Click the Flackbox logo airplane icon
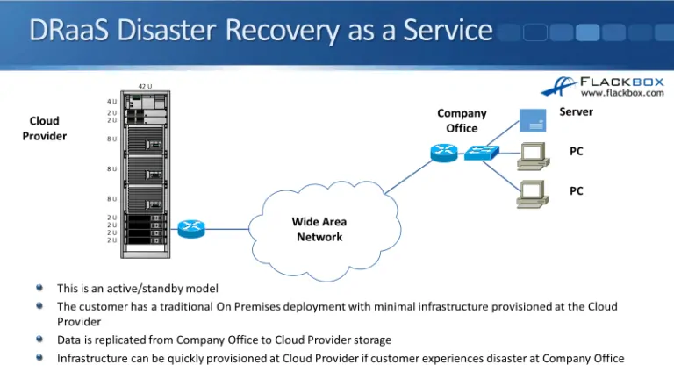tap(559, 86)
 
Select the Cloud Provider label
tap(44, 128)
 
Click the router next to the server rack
tap(190, 229)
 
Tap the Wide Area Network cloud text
tap(319, 229)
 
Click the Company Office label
tap(462, 120)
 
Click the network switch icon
tap(480, 153)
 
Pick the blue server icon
tap(530, 117)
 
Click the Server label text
tap(576, 111)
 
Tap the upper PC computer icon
tap(530, 154)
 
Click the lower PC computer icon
tap(530, 192)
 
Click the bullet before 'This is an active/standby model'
tap(39, 287)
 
